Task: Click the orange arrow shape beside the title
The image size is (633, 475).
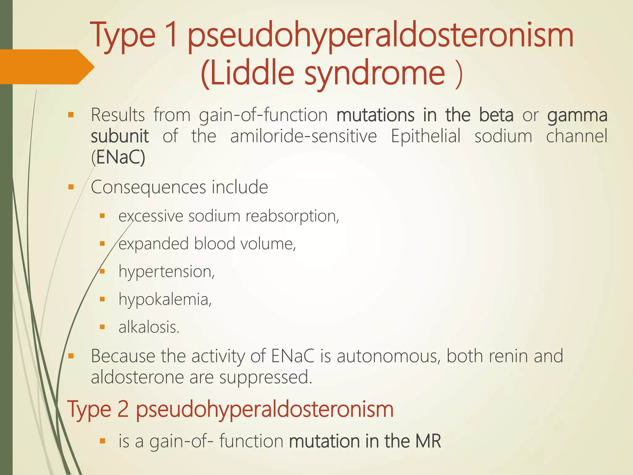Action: tap(46, 67)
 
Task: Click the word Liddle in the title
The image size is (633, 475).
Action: tap(247, 74)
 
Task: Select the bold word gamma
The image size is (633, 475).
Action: tap(577, 115)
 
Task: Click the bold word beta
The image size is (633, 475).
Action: tap(496, 115)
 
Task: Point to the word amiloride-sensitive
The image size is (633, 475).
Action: tap(304, 136)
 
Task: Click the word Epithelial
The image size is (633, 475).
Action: tap(426, 136)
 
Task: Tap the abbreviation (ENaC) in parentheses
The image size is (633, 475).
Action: tap(118, 157)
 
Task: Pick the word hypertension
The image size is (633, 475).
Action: tap(166, 272)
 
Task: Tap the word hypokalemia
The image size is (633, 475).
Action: tap(165, 300)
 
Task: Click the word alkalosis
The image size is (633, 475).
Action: tap(149, 327)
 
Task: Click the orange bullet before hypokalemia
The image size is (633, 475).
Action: tap(102, 299)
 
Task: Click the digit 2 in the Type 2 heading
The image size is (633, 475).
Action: tap(123, 409)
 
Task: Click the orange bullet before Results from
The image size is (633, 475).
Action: tap(71, 115)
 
